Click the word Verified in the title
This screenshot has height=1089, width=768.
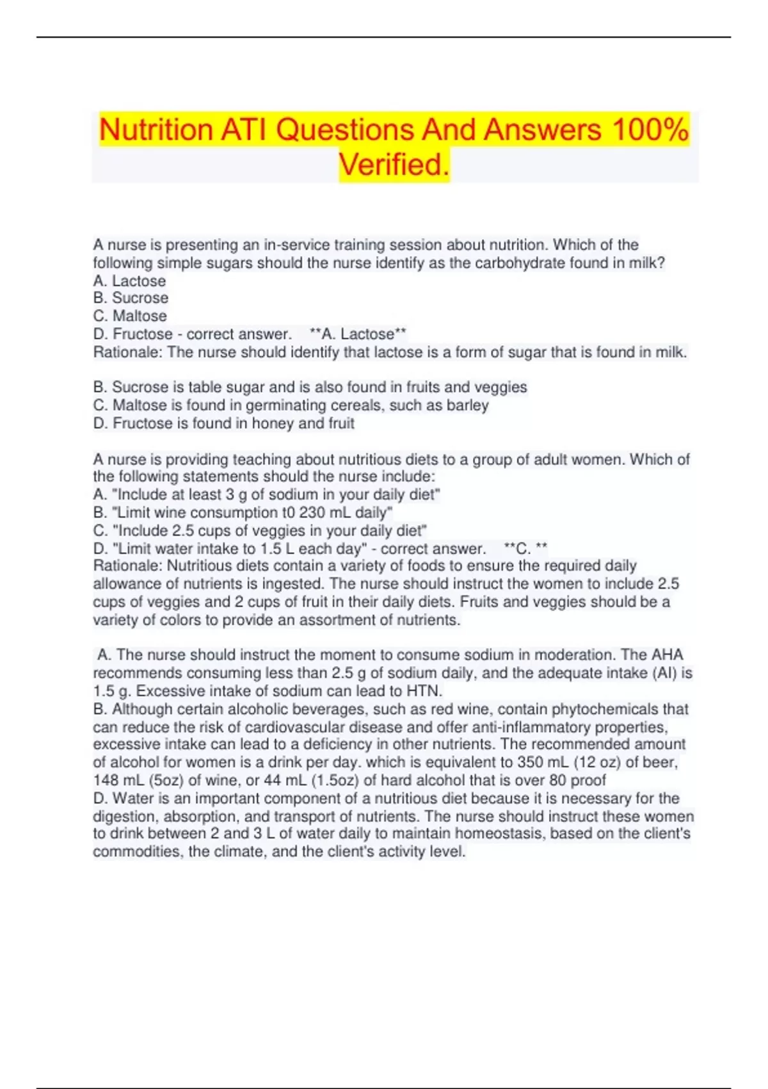[393, 165]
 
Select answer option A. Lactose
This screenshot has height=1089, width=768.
[129, 281]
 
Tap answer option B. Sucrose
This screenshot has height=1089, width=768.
[131, 298]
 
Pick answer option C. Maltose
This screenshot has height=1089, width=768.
[130, 316]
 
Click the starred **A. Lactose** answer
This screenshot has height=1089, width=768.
[358, 334]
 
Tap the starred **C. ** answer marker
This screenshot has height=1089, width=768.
[525, 548]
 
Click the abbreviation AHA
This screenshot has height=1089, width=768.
[668, 655]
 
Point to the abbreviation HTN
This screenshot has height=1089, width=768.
[424, 691]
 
